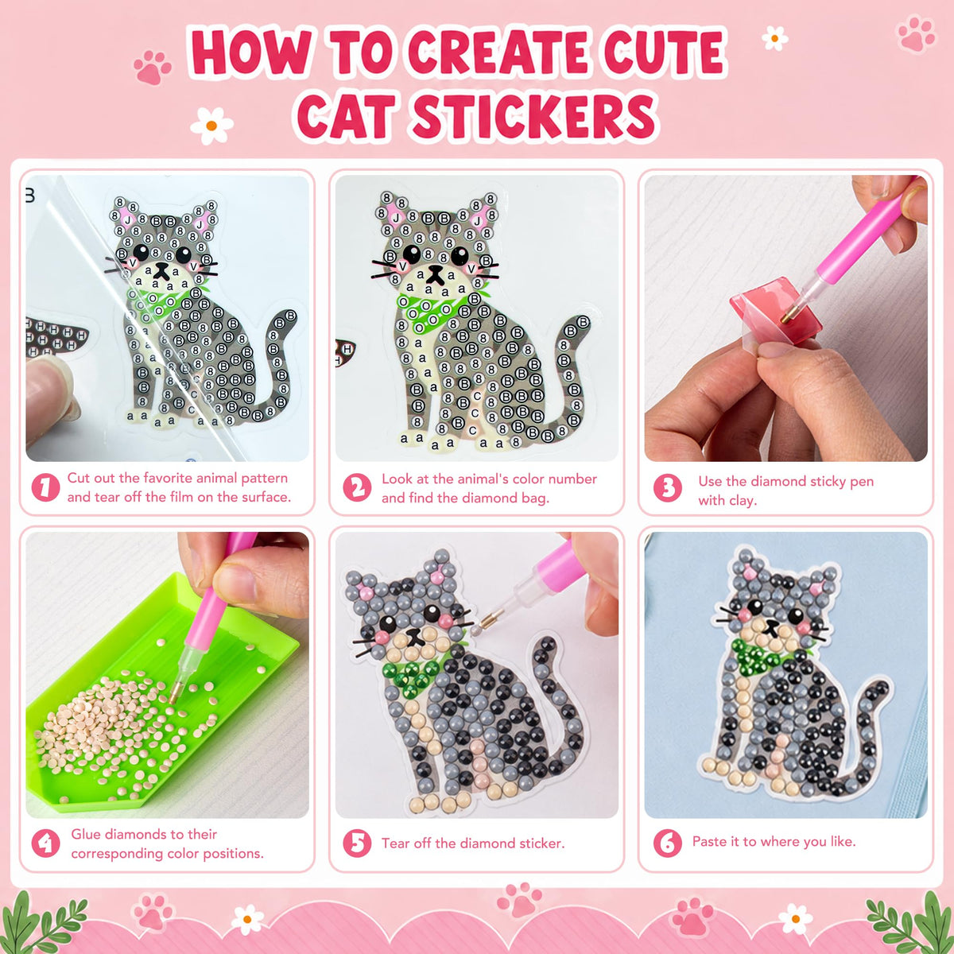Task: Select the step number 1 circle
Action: click(x=45, y=487)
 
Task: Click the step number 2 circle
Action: click(x=357, y=487)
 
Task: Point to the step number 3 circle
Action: click(x=667, y=487)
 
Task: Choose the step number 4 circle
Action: click(x=45, y=843)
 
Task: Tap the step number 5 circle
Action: click(x=357, y=843)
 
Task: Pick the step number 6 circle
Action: click(x=667, y=843)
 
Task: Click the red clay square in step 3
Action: click(x=775, y=312)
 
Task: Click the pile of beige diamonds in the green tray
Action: click(x=109, y=718)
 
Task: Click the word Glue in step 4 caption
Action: click(x=86, y=834)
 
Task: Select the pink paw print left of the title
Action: click(x=152, y=67)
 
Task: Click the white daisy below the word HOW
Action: click(x=211, y=126)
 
